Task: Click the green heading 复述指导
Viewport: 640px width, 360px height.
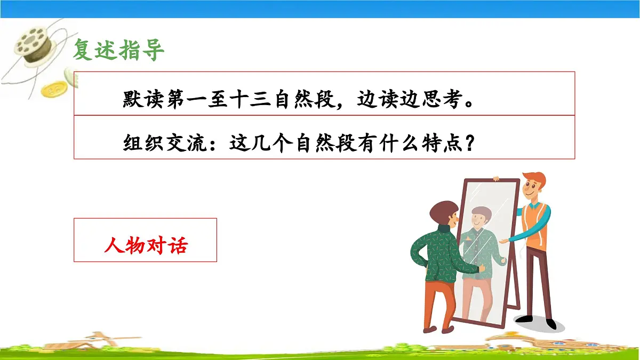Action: point(118,50)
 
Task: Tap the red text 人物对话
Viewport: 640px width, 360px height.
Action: point(145,246)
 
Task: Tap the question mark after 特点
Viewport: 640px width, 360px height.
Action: point(469,143)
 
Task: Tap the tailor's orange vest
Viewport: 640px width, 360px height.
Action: point(536,224)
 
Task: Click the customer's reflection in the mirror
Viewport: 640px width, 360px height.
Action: point(480,251)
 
